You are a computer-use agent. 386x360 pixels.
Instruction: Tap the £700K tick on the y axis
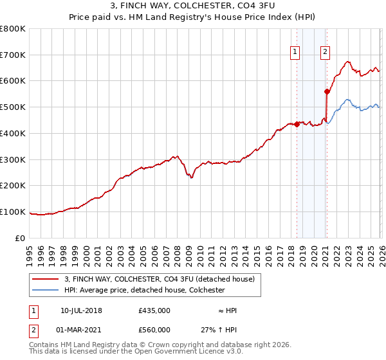point(13,55)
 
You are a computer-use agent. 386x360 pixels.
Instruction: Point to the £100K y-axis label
point(13,212)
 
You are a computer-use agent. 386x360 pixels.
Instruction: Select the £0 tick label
point(21,238)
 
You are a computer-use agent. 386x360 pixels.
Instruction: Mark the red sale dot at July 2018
point(297,124)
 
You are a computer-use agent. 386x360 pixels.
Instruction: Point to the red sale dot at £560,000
point(327,91)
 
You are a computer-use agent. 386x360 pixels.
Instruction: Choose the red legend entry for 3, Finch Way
point(160,279)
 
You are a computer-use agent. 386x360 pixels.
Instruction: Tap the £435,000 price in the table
point(154,310)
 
